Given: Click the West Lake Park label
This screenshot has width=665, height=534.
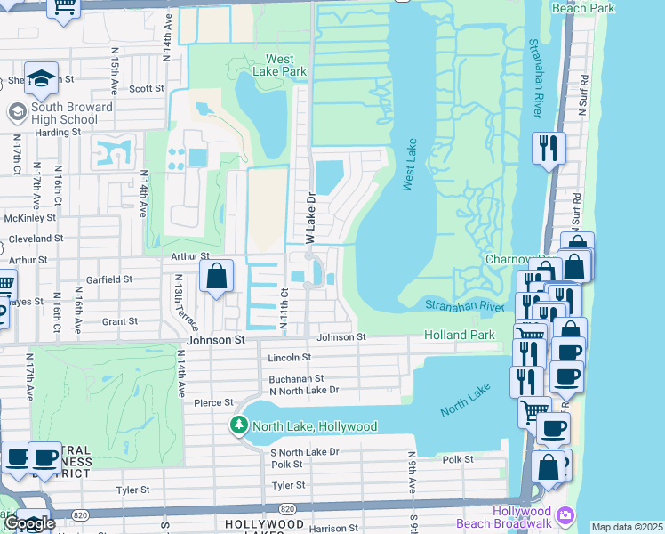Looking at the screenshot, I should tap(279, 65).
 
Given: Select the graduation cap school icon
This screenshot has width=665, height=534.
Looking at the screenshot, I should tap(41, 80).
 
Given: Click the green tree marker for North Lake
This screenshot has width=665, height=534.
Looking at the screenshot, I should tap(238, 425).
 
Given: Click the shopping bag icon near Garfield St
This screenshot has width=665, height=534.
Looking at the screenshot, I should tap(216, 278).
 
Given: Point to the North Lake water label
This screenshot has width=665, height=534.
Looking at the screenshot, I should tap(466, 401).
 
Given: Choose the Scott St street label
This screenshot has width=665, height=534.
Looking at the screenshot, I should tap(147, 89).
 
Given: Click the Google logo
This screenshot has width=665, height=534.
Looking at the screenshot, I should tap(28, 523).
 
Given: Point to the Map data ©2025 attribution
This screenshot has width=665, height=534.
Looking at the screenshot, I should tap(626, 527).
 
